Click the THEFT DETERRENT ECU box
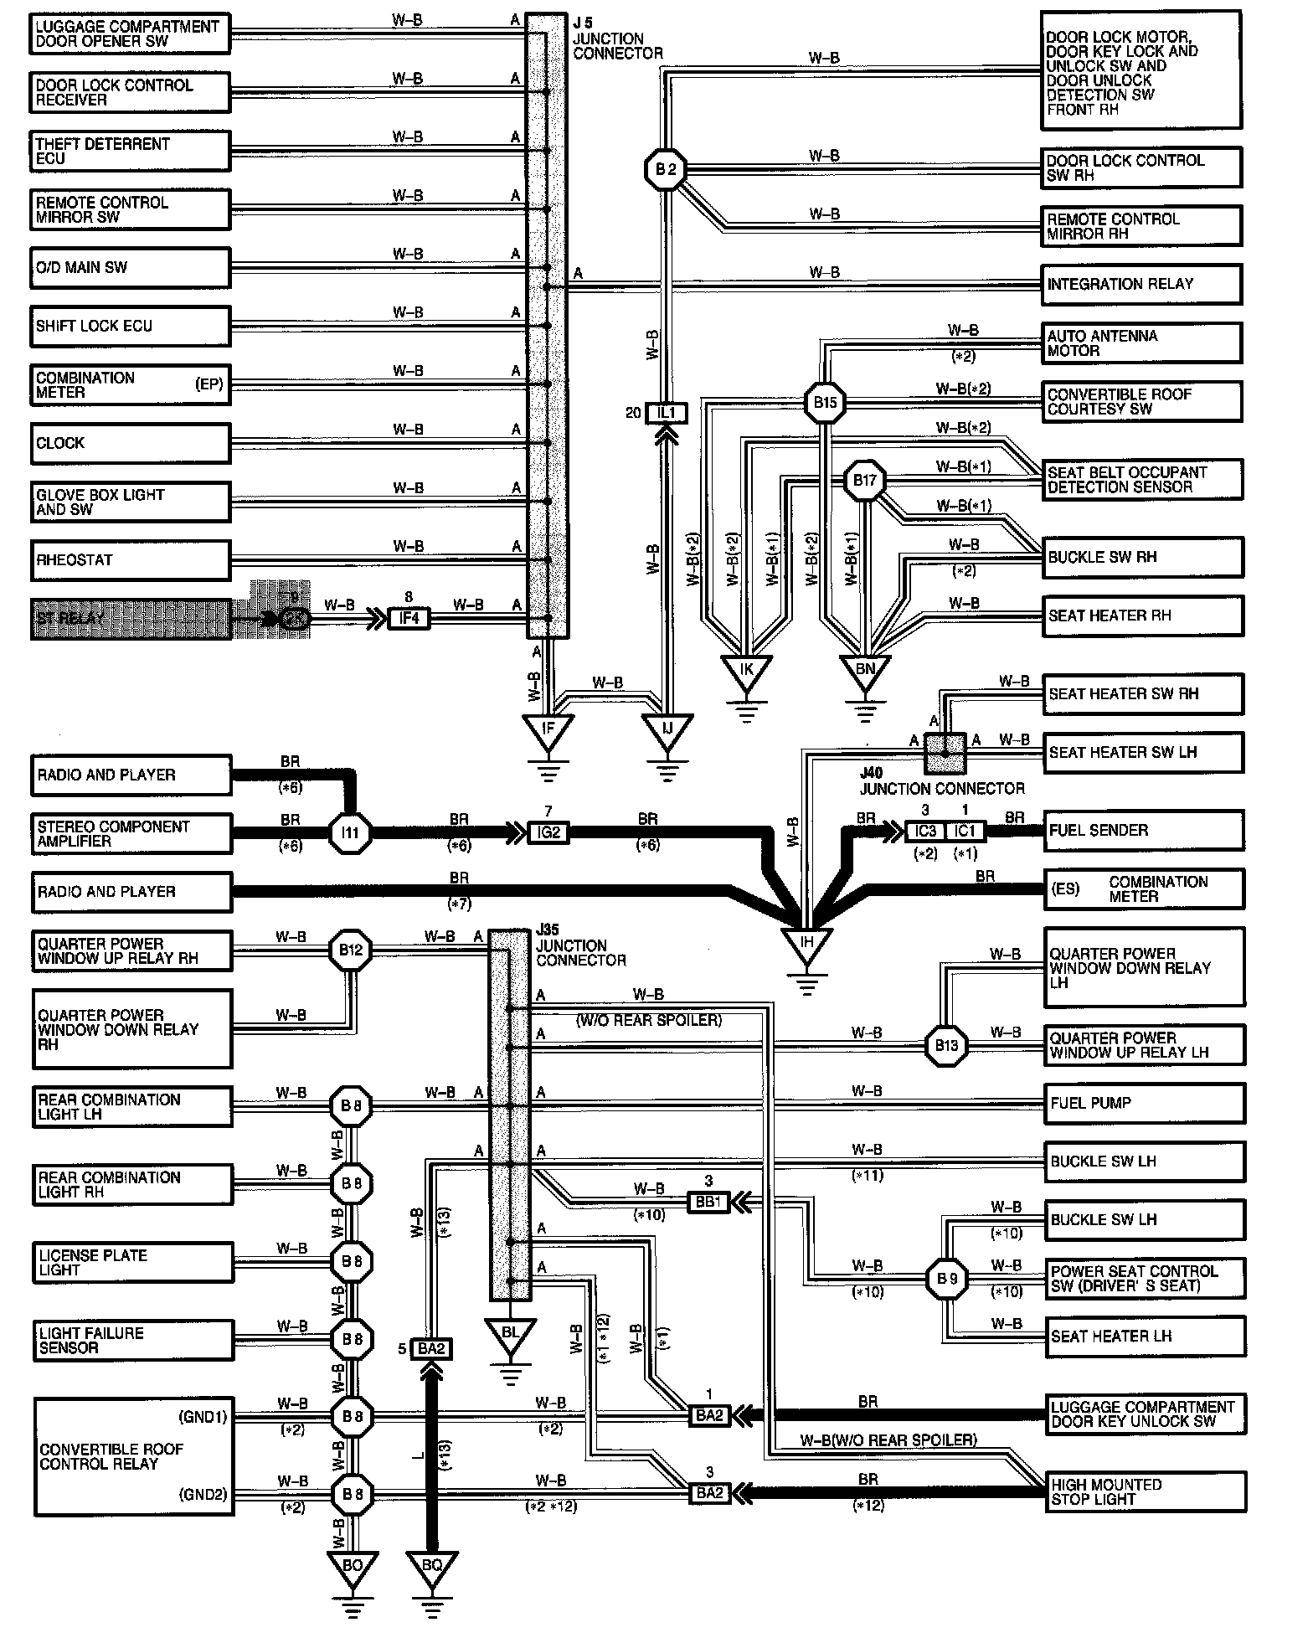130,152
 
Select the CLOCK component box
130,443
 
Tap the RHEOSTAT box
130,560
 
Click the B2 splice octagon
666,170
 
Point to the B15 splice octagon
825,403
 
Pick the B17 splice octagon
864,482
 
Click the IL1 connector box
666,413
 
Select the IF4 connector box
409,620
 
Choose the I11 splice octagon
350,833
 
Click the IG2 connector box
548,833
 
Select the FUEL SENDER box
1143,831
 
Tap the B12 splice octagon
350,950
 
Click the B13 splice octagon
946,1045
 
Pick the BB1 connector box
708,1203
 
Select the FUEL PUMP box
1143,1104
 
